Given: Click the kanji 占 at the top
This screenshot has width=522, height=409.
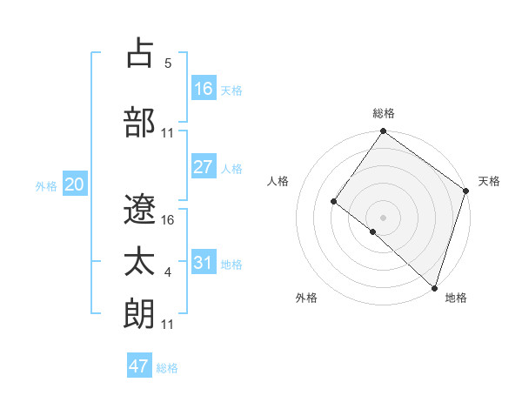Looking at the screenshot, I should pos(141,54).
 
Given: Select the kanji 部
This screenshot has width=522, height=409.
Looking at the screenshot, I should pos(141,122).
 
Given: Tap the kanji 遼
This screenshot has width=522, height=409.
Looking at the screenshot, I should pos(141,210).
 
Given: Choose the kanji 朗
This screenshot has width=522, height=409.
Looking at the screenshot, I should pos(141,312).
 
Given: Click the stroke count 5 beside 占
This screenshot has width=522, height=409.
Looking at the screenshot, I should pos(168,64).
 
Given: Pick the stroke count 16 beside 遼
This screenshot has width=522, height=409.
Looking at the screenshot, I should pos(168,220).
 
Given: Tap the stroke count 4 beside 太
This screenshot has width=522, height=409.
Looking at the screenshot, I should pos(168,272).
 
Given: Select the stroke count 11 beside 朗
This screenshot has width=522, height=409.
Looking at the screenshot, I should pos(168,324).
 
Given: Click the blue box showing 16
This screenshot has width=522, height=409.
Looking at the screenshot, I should pos(204,89).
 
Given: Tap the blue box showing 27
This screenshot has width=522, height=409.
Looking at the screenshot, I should pos(204,167).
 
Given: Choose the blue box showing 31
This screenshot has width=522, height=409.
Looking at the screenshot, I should pos(204,263).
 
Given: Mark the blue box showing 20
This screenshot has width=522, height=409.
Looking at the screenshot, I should pos(75,184).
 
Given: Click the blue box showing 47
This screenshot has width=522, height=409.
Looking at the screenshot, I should pos(139,366).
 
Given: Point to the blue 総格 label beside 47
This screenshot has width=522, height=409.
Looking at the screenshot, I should pos(168,368).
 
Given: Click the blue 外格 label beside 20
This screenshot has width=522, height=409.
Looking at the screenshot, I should pos(46,186).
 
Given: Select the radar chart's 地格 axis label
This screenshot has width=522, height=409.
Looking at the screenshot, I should pos(456,298).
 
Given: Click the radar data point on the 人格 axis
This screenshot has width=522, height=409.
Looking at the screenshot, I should pos(333,202).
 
